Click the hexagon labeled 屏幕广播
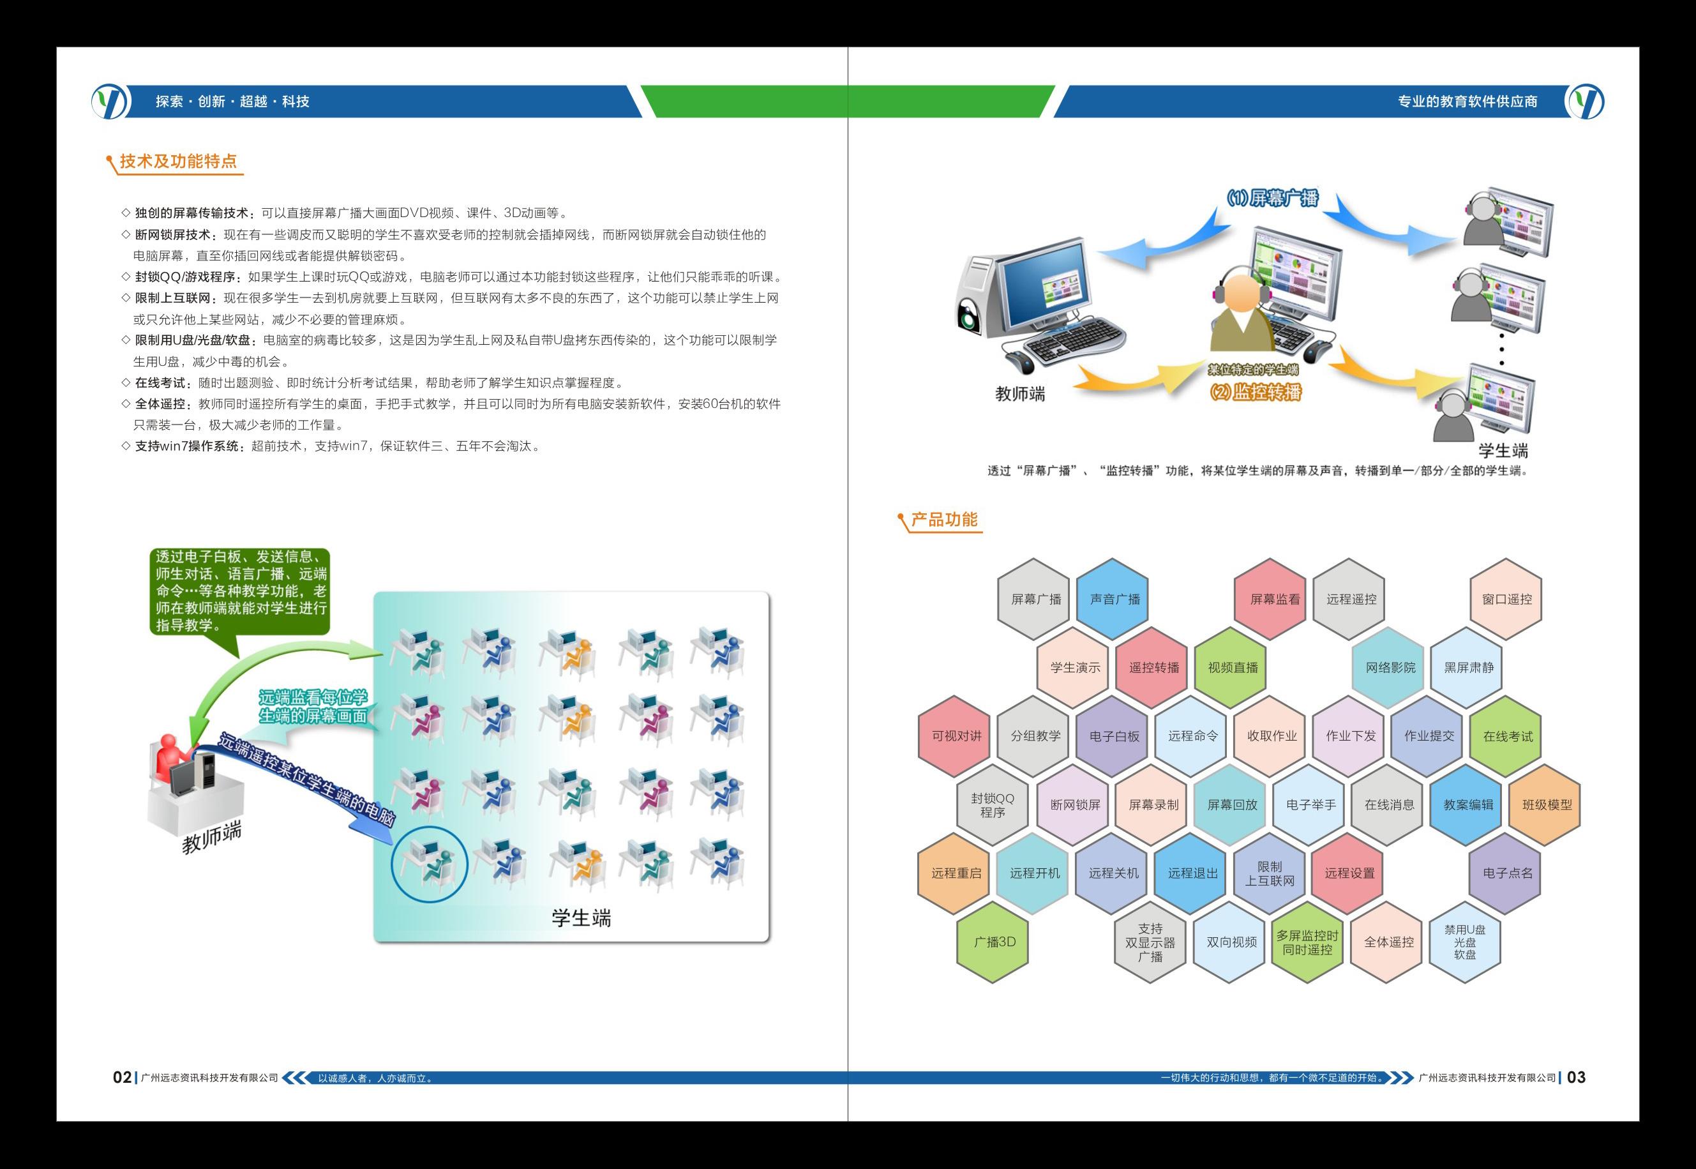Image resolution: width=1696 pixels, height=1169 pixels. tap(1035, 599)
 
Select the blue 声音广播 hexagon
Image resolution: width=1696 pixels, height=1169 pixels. tap(1114, 599)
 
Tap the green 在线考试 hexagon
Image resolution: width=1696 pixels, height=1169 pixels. tap(1507, 736)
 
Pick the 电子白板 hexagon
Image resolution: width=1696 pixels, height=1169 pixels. tap(1114, 736)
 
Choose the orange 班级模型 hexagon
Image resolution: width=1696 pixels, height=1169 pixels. tap(1547, 804)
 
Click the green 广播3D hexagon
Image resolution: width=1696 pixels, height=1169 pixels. tap(994, 942)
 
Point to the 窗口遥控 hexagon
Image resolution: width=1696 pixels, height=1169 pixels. tap(1506, 599)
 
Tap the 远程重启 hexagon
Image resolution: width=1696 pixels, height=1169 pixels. tap(956, 873)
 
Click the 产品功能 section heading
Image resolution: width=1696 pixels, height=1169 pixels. tap(943, 520)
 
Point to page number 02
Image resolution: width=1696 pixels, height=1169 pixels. tap(121, 1078)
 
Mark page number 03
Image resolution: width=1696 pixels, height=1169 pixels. tap(1576, 1078)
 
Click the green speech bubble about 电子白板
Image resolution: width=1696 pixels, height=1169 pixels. tap(241, 591)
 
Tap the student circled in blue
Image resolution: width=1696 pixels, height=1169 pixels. tap(429, 862)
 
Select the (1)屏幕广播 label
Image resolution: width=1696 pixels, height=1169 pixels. tap(1273, 198)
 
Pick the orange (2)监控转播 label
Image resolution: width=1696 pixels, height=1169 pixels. tap(1255, 393)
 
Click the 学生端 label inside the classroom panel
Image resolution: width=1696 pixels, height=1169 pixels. tap(581, 917)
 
